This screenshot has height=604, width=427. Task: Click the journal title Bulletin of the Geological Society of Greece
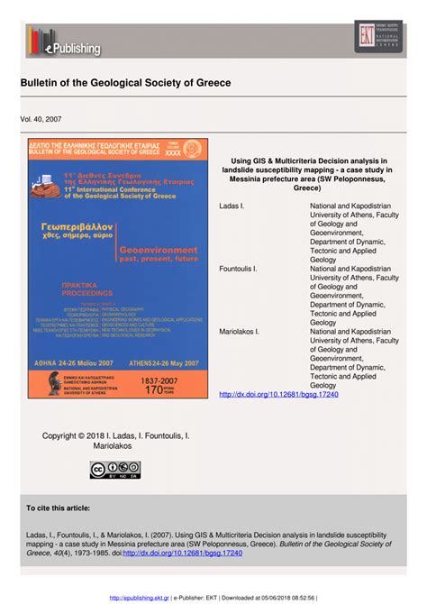[x=126, y=83]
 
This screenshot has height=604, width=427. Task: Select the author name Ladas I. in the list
[x=232, y=206]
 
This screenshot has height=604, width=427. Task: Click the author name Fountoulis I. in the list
[x=239, y=269]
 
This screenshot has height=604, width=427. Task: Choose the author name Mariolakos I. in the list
[x=240, y=331]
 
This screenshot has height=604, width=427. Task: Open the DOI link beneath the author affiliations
[x=278, y=394]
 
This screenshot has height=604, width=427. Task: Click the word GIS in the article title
[x=266, y=160]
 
